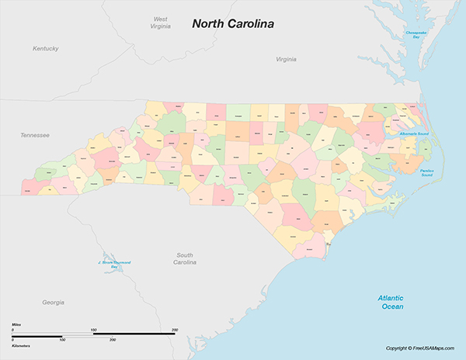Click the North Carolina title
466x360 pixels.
233,24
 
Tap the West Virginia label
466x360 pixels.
160,22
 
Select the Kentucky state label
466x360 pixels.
46,48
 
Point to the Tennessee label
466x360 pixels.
35,135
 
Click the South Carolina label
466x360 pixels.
185,258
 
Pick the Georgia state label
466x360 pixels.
53,302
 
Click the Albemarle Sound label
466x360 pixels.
413,134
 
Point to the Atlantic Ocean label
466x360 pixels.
391,302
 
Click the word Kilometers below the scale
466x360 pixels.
21,345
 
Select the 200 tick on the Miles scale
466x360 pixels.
174,330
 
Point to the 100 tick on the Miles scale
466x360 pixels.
93,330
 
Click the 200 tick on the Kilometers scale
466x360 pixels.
113,340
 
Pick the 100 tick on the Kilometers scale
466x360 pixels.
63,340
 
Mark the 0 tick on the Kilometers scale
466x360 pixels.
12,340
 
